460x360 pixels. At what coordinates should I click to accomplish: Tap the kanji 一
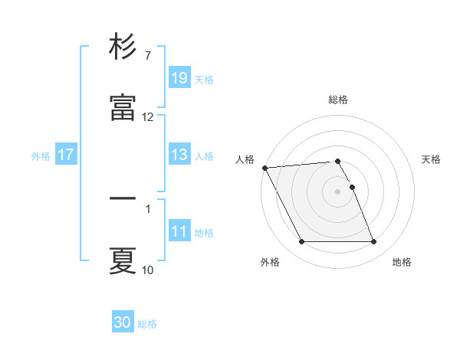123,199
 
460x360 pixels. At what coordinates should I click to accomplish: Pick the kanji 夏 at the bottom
123,260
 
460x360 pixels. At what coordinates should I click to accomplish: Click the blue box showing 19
179,78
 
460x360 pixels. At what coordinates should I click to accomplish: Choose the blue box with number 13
179,155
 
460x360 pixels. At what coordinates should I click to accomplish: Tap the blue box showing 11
179,231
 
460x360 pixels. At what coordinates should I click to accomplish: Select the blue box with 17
66,155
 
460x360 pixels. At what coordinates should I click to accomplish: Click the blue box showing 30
123,322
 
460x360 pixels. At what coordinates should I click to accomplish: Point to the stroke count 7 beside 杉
147,56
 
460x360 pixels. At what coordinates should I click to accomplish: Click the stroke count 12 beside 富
148,117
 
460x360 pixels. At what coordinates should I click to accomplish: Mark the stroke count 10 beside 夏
148,270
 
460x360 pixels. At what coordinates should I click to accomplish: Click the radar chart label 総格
338,100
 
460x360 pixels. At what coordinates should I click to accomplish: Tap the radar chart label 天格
432,159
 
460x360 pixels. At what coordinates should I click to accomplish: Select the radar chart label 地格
402,262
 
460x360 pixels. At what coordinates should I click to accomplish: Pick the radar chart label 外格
270,262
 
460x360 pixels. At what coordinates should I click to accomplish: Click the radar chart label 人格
245,159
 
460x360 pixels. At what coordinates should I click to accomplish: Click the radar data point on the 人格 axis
264,168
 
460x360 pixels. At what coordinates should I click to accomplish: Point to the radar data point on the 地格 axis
374,242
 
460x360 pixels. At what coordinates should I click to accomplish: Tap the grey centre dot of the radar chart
338,191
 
